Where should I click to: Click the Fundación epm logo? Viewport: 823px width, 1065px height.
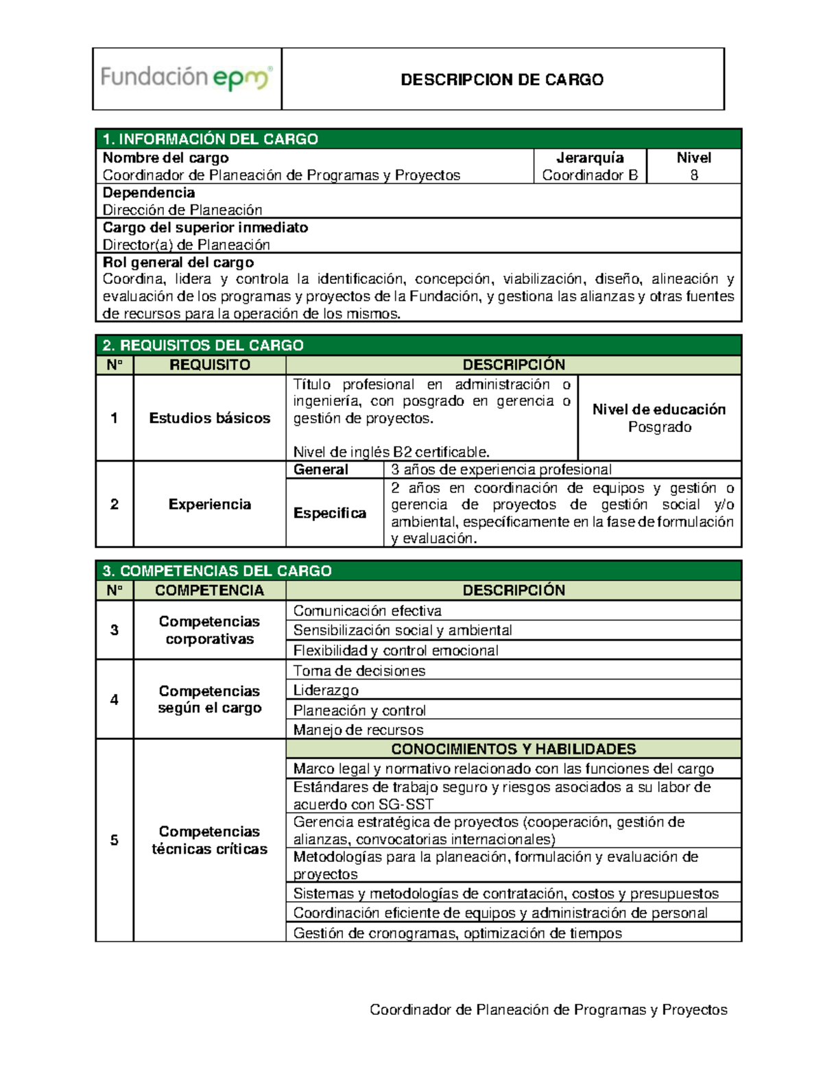[x=187, y=77]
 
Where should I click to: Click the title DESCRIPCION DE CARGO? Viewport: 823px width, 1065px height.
[x=502, y=80]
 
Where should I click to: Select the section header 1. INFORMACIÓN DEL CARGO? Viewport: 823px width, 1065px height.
[x=210, y=139]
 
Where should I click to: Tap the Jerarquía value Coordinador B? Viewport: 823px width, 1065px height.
[x=590, y=176]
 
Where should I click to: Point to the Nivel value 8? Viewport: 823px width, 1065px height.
[x=694, y=176]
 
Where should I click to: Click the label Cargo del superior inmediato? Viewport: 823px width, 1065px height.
[x=205, y=228]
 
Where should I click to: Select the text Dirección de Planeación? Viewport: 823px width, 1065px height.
[x=182, y=210]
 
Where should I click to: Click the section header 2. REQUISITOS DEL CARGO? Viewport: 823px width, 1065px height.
[x=203, y=345]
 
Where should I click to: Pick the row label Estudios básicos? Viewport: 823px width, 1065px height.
[x=210, y=418]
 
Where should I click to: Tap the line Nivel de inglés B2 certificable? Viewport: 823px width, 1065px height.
[x=392, y=452]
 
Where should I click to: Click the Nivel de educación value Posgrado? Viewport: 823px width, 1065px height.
[x=660, y=427]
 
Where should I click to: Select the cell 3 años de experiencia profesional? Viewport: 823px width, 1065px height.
[x=501, y=470]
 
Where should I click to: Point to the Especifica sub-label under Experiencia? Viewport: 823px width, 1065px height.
[x=330, y=514]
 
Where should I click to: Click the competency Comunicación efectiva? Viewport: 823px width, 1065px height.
[x=368, y=611]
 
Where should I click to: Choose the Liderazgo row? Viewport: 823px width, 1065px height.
[x=326, y=691]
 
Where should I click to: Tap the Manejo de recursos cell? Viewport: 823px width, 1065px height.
[x=359, y=730]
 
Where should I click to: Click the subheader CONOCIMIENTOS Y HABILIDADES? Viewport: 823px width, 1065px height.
[x=514, y=749]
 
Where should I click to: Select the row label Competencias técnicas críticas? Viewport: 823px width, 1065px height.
[x=210, y=840]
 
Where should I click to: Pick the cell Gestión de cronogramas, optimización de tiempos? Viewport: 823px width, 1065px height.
[x=457, y=933]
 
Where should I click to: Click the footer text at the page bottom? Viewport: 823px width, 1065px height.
[x=549, y=1009]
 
